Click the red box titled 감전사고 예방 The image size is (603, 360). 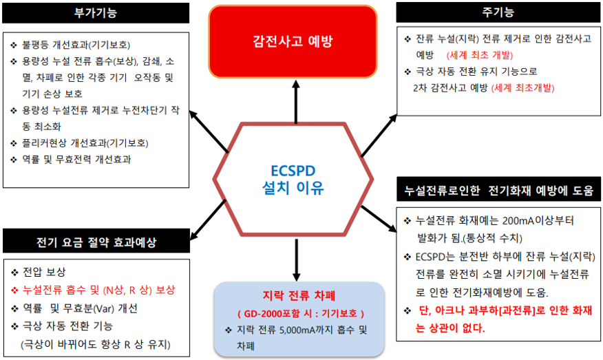pyautogui.click(x=293, y=41)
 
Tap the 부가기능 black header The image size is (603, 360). pyautogui.click(x=96, y=13)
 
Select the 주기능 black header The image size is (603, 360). pyautogui.click(x=498, y=12)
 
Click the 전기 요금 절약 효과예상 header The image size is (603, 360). pyautogui.click(x=96, y=241)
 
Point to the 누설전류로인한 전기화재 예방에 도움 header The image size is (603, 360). pyautogui.click(x=499, y=190)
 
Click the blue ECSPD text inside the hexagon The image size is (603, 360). pyautogui.click(x=293, y=171)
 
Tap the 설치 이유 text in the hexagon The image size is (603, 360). pyautogui.click(x=293, y=188)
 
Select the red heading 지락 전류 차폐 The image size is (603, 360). pyautogui.click(x=299, y=295)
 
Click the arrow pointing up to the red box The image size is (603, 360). pyautogui.click(x=296, y=102)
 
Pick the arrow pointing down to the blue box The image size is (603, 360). pyautogui.click(x=296, y=260)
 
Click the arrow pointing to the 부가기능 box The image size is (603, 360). pyautogui.click(x=209, y=131)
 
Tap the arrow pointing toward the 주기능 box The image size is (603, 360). pyautogui.click(x=379, y=136)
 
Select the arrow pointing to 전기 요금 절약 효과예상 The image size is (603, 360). pyautogui.click(x=208, y=220)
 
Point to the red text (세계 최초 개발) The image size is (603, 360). pyautogui.click(x=480, y=55)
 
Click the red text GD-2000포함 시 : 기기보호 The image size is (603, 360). pyautogui.click(x=301, y=313)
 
